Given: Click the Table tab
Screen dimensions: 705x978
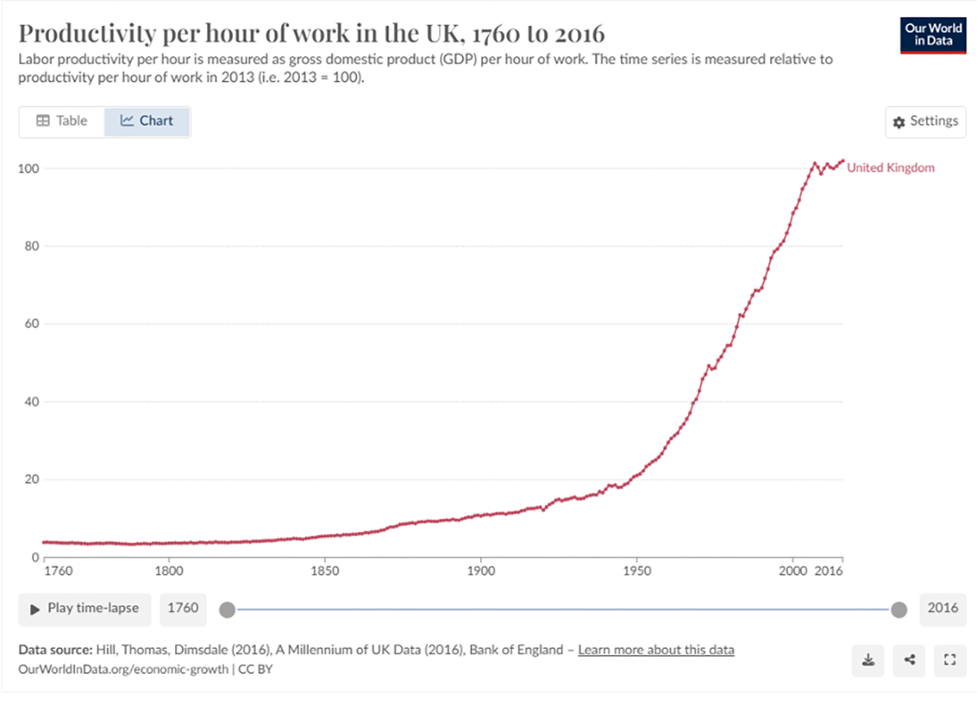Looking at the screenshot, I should [x=62, y=121].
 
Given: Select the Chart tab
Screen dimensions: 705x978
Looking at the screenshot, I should [x=148, y=121].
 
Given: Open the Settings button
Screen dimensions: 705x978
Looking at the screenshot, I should [x=925, y=121].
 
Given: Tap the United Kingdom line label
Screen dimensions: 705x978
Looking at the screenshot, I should [x=891, y=168].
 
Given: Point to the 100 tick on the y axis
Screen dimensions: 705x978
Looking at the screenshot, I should [x=29, y=168].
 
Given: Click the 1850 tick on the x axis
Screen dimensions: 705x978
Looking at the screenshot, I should [x=324, y=571].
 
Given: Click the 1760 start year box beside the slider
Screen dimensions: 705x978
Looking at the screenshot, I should [x=183, y=608].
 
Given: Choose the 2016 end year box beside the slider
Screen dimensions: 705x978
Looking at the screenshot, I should [x=942, y=608].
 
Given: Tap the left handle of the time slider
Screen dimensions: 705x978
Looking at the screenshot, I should [x=227, y=610].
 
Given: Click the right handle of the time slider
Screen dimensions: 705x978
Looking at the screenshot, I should [x=899, y=610].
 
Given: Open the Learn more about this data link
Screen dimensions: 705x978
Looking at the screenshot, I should [x=656, y=650].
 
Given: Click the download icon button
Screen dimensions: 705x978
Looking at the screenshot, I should [x=869, y=660].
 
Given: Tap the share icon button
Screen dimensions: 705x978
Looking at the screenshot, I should [x=909, y=660].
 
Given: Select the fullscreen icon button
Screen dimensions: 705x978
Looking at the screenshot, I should [x=948, y=660].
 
